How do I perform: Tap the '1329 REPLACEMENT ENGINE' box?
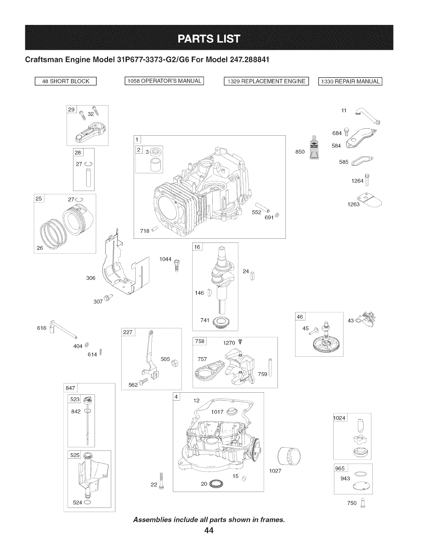[266, 81]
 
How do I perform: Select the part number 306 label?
[91, 278]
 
